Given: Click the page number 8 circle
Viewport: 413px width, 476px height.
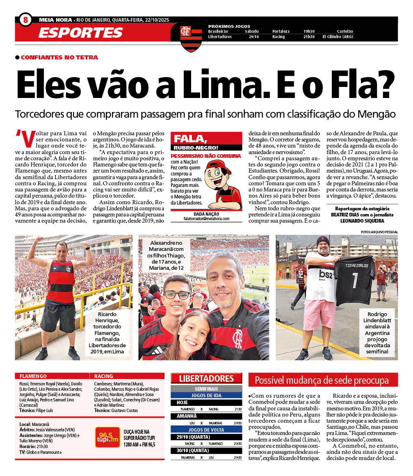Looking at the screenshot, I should (25, 19).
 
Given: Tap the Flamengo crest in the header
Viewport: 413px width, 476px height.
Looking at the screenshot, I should (186, 37).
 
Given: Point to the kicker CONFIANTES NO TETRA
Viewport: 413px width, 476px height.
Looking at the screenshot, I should (59, 57).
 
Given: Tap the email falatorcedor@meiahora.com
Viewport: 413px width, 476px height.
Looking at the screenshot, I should (206, 219).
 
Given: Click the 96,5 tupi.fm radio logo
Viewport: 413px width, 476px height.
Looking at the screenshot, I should (107, 437).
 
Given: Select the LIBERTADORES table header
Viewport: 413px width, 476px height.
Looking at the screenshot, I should (206, 378).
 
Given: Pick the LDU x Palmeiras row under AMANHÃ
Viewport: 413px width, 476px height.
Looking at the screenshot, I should (206, 423).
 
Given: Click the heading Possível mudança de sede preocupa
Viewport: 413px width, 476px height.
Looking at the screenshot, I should (322, 380).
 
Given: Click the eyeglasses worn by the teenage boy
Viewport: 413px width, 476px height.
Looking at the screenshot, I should (177, 294).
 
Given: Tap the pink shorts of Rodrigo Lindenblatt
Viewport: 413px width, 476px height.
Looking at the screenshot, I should (319, 314).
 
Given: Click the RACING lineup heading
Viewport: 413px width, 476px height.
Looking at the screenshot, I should (103, 376).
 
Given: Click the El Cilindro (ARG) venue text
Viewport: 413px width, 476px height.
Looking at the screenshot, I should (338, 37).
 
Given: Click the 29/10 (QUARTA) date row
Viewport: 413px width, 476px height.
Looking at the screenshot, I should (206, 437).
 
